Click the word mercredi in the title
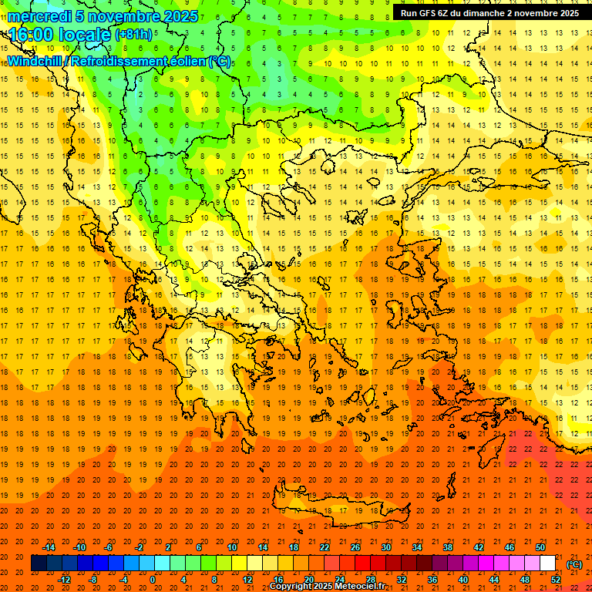[40, 16]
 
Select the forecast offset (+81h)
[133, 35]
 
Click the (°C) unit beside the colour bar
[574, 564]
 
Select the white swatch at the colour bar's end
[547, 563]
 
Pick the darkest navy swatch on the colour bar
[39, 563]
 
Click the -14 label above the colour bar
[49, 547]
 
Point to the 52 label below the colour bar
[556, 580]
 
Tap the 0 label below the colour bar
[153, 580]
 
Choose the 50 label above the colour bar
[540, 547]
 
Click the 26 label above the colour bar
[355, 547]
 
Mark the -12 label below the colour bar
[64, 580]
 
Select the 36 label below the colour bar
[432, 580]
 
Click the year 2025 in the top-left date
[180, 16]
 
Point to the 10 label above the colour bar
[232, 547]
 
